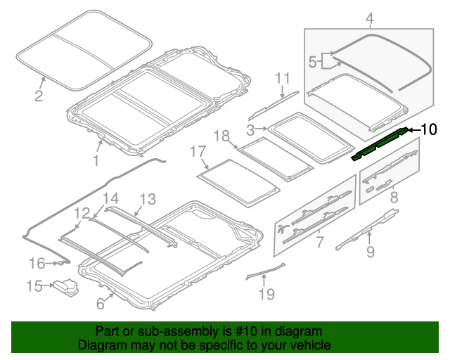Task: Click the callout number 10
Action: pyautogui.click(x=428, y=129)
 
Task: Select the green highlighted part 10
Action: pyautogui.click(x=380, y=143)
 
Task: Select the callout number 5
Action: pyautogui.click(x=313, y=62)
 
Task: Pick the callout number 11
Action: pyautogui.click(x=283, y=77)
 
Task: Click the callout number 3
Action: pyautogui.click(x=251, y=129)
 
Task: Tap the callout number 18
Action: pyautogui.click(x=221, y=136)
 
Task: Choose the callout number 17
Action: pyautogui.click(x=198, y=151)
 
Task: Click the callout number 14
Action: pyautogui.click(x=112, y=198)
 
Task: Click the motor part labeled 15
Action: pyautogui.click(x=67, y=288)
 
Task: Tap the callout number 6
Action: pyautogui.click(x=100, y=304)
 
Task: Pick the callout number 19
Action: pyautogui.click(x=266, y=294)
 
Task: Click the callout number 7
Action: pyautogui.click(x=319, y=243)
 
